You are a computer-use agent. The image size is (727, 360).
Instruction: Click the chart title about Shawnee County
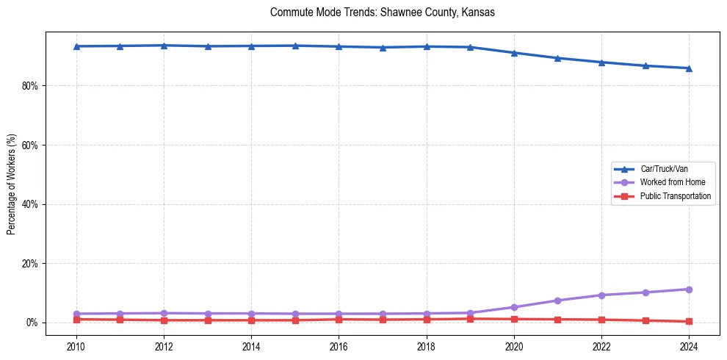coord(383,12)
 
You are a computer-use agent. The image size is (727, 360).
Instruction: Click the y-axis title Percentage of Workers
coord(11,184)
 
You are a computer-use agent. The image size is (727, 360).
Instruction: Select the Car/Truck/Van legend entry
coord(663,169)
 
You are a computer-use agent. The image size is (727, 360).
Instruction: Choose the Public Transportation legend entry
coord(675,196)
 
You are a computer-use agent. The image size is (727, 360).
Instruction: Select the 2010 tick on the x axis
coord(76,345)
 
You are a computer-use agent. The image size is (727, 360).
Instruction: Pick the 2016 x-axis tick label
coord(339,345)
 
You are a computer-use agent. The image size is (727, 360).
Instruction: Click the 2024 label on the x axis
coord(689,345)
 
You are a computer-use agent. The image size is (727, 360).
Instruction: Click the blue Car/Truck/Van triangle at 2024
coord(689,68)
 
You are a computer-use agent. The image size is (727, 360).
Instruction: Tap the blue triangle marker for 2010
coord(76,46)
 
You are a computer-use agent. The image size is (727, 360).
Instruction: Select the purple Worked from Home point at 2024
coord(689,289)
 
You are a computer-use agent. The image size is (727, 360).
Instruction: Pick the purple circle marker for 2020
coord(514,307)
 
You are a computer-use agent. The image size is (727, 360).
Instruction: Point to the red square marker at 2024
coord(689,321)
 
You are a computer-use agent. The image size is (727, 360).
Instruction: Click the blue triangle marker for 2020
coord(514,53)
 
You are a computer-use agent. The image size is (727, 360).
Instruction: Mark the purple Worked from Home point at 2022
coord(601,295)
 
